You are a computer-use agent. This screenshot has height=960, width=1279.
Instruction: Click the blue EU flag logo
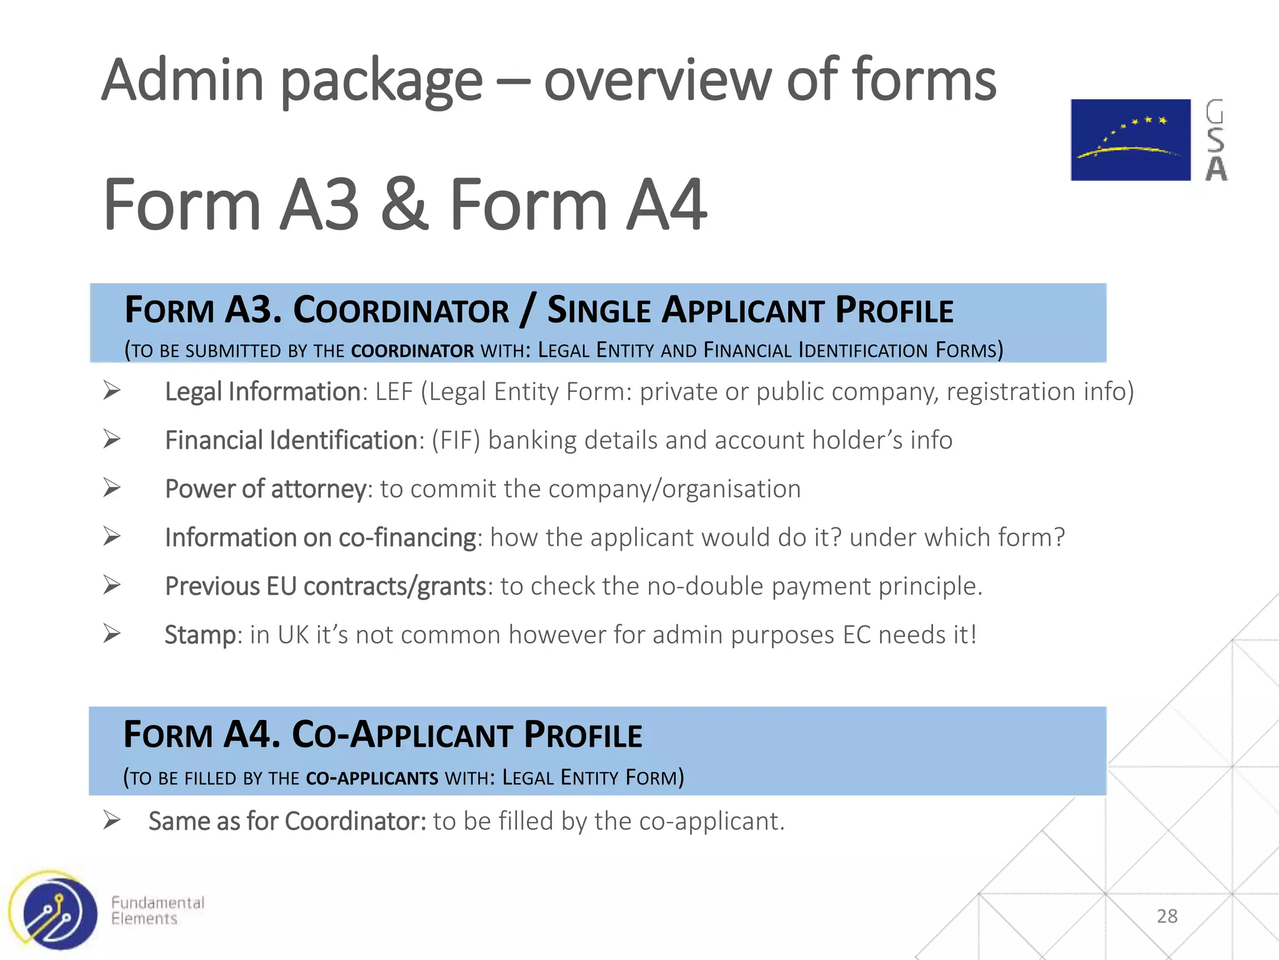point(1130,140)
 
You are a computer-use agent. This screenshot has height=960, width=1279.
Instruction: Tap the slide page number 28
point(1167,916)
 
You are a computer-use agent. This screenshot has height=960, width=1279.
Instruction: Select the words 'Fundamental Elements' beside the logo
point(157,911)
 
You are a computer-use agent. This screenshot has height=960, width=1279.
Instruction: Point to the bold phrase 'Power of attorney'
point(265,489)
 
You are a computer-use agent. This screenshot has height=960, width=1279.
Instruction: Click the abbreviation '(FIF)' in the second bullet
point(455,440)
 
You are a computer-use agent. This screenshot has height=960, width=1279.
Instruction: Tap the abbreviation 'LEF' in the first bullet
point(393,392)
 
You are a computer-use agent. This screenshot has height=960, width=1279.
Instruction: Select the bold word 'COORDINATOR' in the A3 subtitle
point(412,351)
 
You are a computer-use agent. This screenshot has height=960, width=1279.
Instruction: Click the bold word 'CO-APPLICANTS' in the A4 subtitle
point(372,779)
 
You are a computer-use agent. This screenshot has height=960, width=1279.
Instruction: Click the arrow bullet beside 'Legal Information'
point(112,391)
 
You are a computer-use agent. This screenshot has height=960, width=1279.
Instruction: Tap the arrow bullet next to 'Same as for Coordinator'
point(112,820)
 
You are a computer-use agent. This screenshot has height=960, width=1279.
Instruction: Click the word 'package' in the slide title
point(382,81)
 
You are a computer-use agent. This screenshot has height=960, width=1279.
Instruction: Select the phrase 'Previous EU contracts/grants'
point(325,586)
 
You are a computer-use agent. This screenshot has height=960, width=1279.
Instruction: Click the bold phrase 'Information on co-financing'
point(320,537)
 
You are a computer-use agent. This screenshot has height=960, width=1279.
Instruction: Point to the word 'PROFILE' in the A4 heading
point(583,735)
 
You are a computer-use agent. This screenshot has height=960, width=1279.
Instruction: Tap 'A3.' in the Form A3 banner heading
point(253,310)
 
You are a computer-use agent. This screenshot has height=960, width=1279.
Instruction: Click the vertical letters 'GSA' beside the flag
point(1215,140)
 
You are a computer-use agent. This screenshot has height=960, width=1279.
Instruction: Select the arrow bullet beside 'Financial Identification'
point(112,439)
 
